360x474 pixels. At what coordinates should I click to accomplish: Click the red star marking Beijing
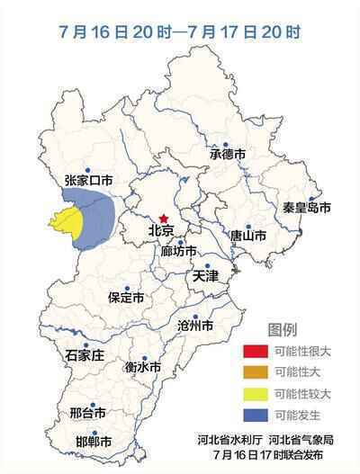(x=164, y=218)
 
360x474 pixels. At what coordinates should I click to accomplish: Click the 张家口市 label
(x=89, y=181)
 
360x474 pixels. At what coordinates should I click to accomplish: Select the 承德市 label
(x=228, y=155)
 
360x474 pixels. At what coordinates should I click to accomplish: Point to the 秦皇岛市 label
(x=307, y=208)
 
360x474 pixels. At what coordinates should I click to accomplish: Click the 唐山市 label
(x=247, y=237)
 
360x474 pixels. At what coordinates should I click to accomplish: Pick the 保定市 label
(x=125, y=298)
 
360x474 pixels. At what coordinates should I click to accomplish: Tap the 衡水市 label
(x=142, y=367)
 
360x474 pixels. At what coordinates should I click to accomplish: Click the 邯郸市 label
(x=94, y=443)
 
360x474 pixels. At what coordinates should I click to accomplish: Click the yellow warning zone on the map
(x=69, y=227)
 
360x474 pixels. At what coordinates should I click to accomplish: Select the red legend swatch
(x=255, y=351)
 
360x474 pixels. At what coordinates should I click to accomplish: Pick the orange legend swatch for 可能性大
(x=255, y=372)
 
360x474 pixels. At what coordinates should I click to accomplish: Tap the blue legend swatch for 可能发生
(x=255, y=415)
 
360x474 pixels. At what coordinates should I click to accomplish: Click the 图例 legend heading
(x=282, y=328)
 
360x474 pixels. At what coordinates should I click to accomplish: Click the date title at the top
(x=178, y=32)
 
